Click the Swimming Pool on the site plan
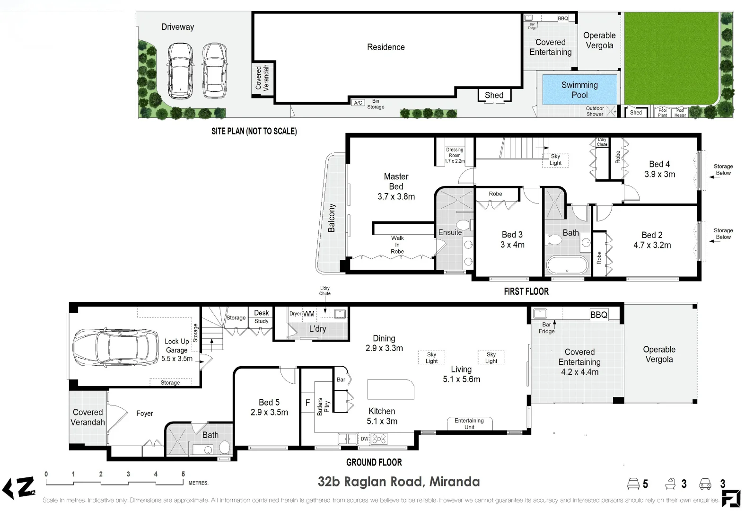pos(579,89)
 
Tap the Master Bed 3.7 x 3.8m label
pos(396,186)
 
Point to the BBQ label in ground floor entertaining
pos(598,315)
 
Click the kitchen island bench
pos(391,389)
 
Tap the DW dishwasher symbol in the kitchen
pos(364,439)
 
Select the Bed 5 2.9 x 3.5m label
pos(269,407)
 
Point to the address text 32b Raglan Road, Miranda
pos(399,482)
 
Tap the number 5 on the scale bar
pos(183,474)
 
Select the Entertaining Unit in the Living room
pos(469,423)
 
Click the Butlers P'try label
pos(323,406)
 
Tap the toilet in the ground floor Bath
pos(225,447)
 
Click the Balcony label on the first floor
pos(331,218)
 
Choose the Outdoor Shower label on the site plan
pos(595,111)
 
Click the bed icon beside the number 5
pos(633,484)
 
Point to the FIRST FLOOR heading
pos(526,291)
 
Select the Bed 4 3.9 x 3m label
pos(659,169)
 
